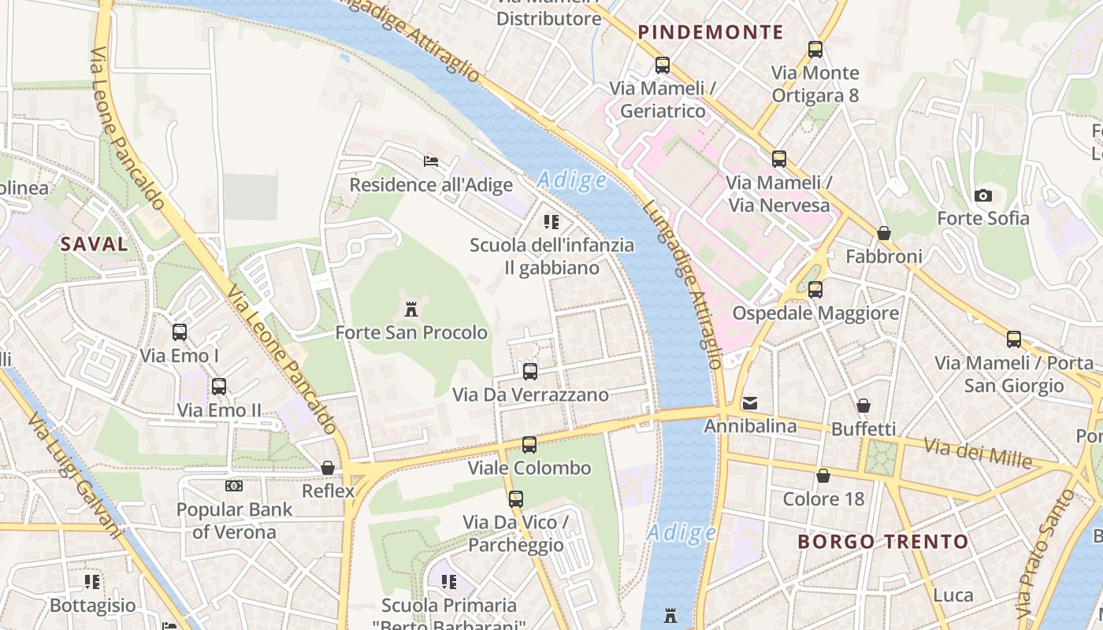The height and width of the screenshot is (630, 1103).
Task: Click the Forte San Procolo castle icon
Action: pos(410,308)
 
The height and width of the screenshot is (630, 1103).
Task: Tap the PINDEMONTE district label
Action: pos(711,32)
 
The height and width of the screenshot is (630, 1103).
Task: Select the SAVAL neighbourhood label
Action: pos(95,244)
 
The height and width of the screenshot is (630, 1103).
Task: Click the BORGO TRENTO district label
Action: pos(882,542)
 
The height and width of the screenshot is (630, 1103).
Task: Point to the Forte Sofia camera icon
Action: pos(982,195)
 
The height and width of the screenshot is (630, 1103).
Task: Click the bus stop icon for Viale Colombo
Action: pos(529,445)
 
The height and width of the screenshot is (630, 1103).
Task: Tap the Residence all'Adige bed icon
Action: pos(431,161)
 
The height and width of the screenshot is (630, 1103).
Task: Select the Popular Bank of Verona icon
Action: pos(234,486)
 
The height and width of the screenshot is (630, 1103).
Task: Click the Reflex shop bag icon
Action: pos(328,468)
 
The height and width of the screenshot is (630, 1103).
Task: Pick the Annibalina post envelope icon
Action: pos(750,403)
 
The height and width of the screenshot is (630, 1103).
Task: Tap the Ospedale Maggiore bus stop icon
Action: pos(815,290)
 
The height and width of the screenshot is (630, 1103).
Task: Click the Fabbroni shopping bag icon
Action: pos(884,233)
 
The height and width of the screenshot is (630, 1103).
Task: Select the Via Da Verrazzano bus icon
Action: pos(530,371)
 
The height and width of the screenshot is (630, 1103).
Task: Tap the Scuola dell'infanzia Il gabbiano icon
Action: pos(551,222)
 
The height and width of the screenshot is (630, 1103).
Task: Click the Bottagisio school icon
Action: pos(92,582)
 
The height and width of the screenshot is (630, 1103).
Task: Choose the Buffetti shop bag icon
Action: pos(863,406)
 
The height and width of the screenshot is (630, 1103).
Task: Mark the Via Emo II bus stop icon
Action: pos(219,387)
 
